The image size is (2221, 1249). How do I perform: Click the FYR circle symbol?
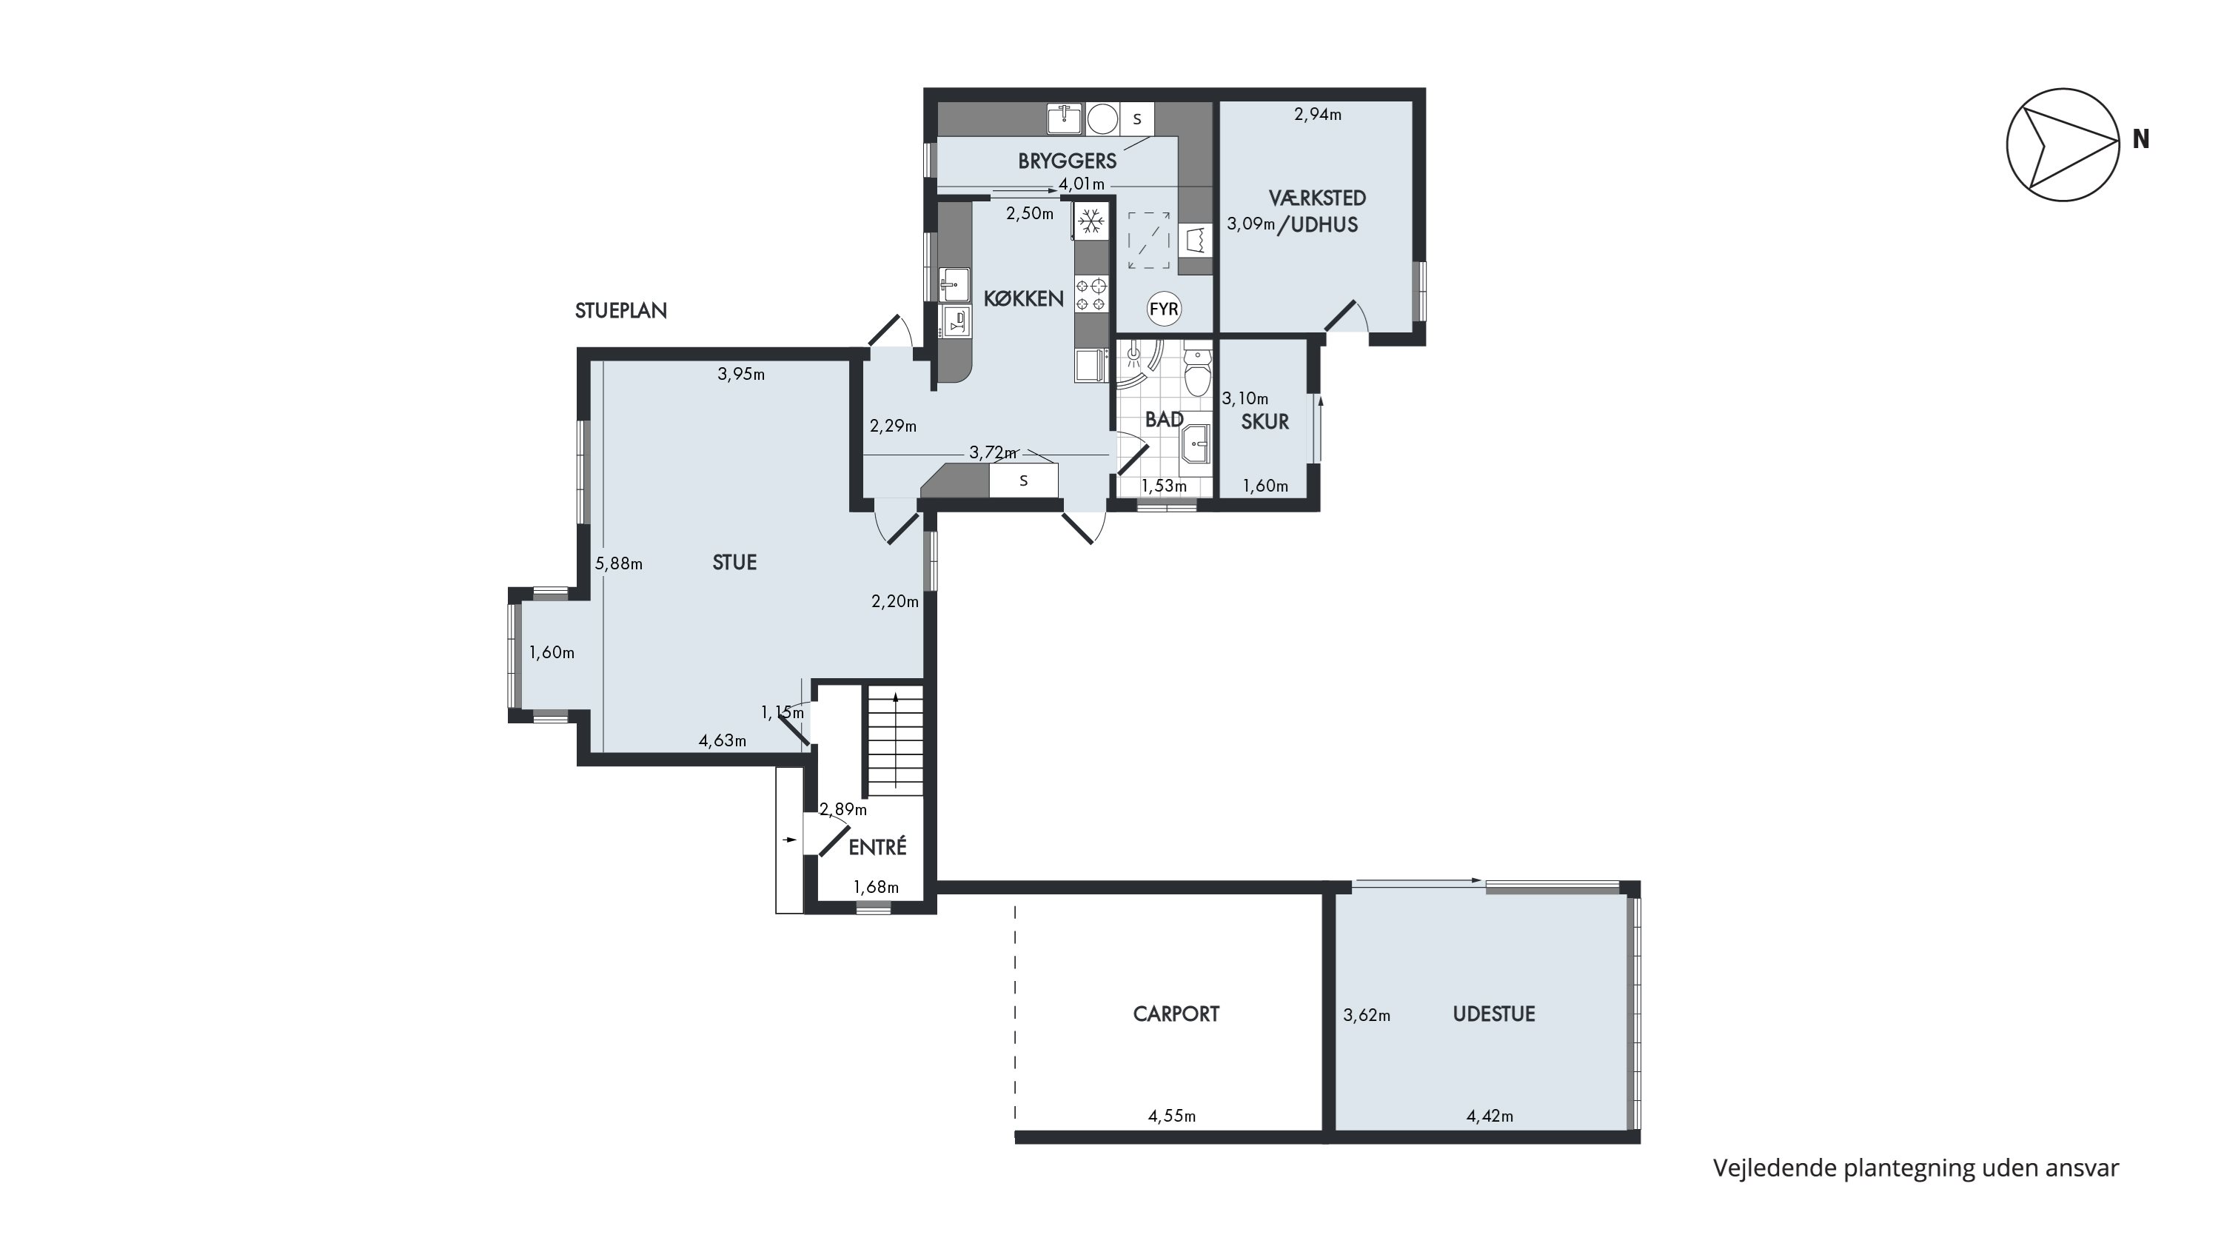click(1164, 309)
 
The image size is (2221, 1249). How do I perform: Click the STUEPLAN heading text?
click(621, 310)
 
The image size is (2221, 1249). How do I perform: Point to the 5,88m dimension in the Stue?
click(619, 563)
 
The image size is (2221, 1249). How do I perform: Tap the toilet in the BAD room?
click(1196, 372)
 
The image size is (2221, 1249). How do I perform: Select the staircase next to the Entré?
click(895, 740)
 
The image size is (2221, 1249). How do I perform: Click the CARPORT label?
click(1176, 1014)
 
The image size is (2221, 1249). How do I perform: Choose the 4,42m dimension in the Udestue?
click(1490, 1116)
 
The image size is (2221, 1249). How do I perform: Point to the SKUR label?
click(1264, 421)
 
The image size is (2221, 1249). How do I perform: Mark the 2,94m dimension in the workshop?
click(1318, 114)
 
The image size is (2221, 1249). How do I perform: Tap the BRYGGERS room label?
click(1068, 161)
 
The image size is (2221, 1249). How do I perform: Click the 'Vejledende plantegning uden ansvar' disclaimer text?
click(1916, 1168)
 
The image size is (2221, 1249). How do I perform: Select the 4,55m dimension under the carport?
click(1172, 1116)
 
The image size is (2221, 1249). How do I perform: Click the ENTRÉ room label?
click(878, 847)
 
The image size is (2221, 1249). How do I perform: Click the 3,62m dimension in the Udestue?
click(1367, 1015)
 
